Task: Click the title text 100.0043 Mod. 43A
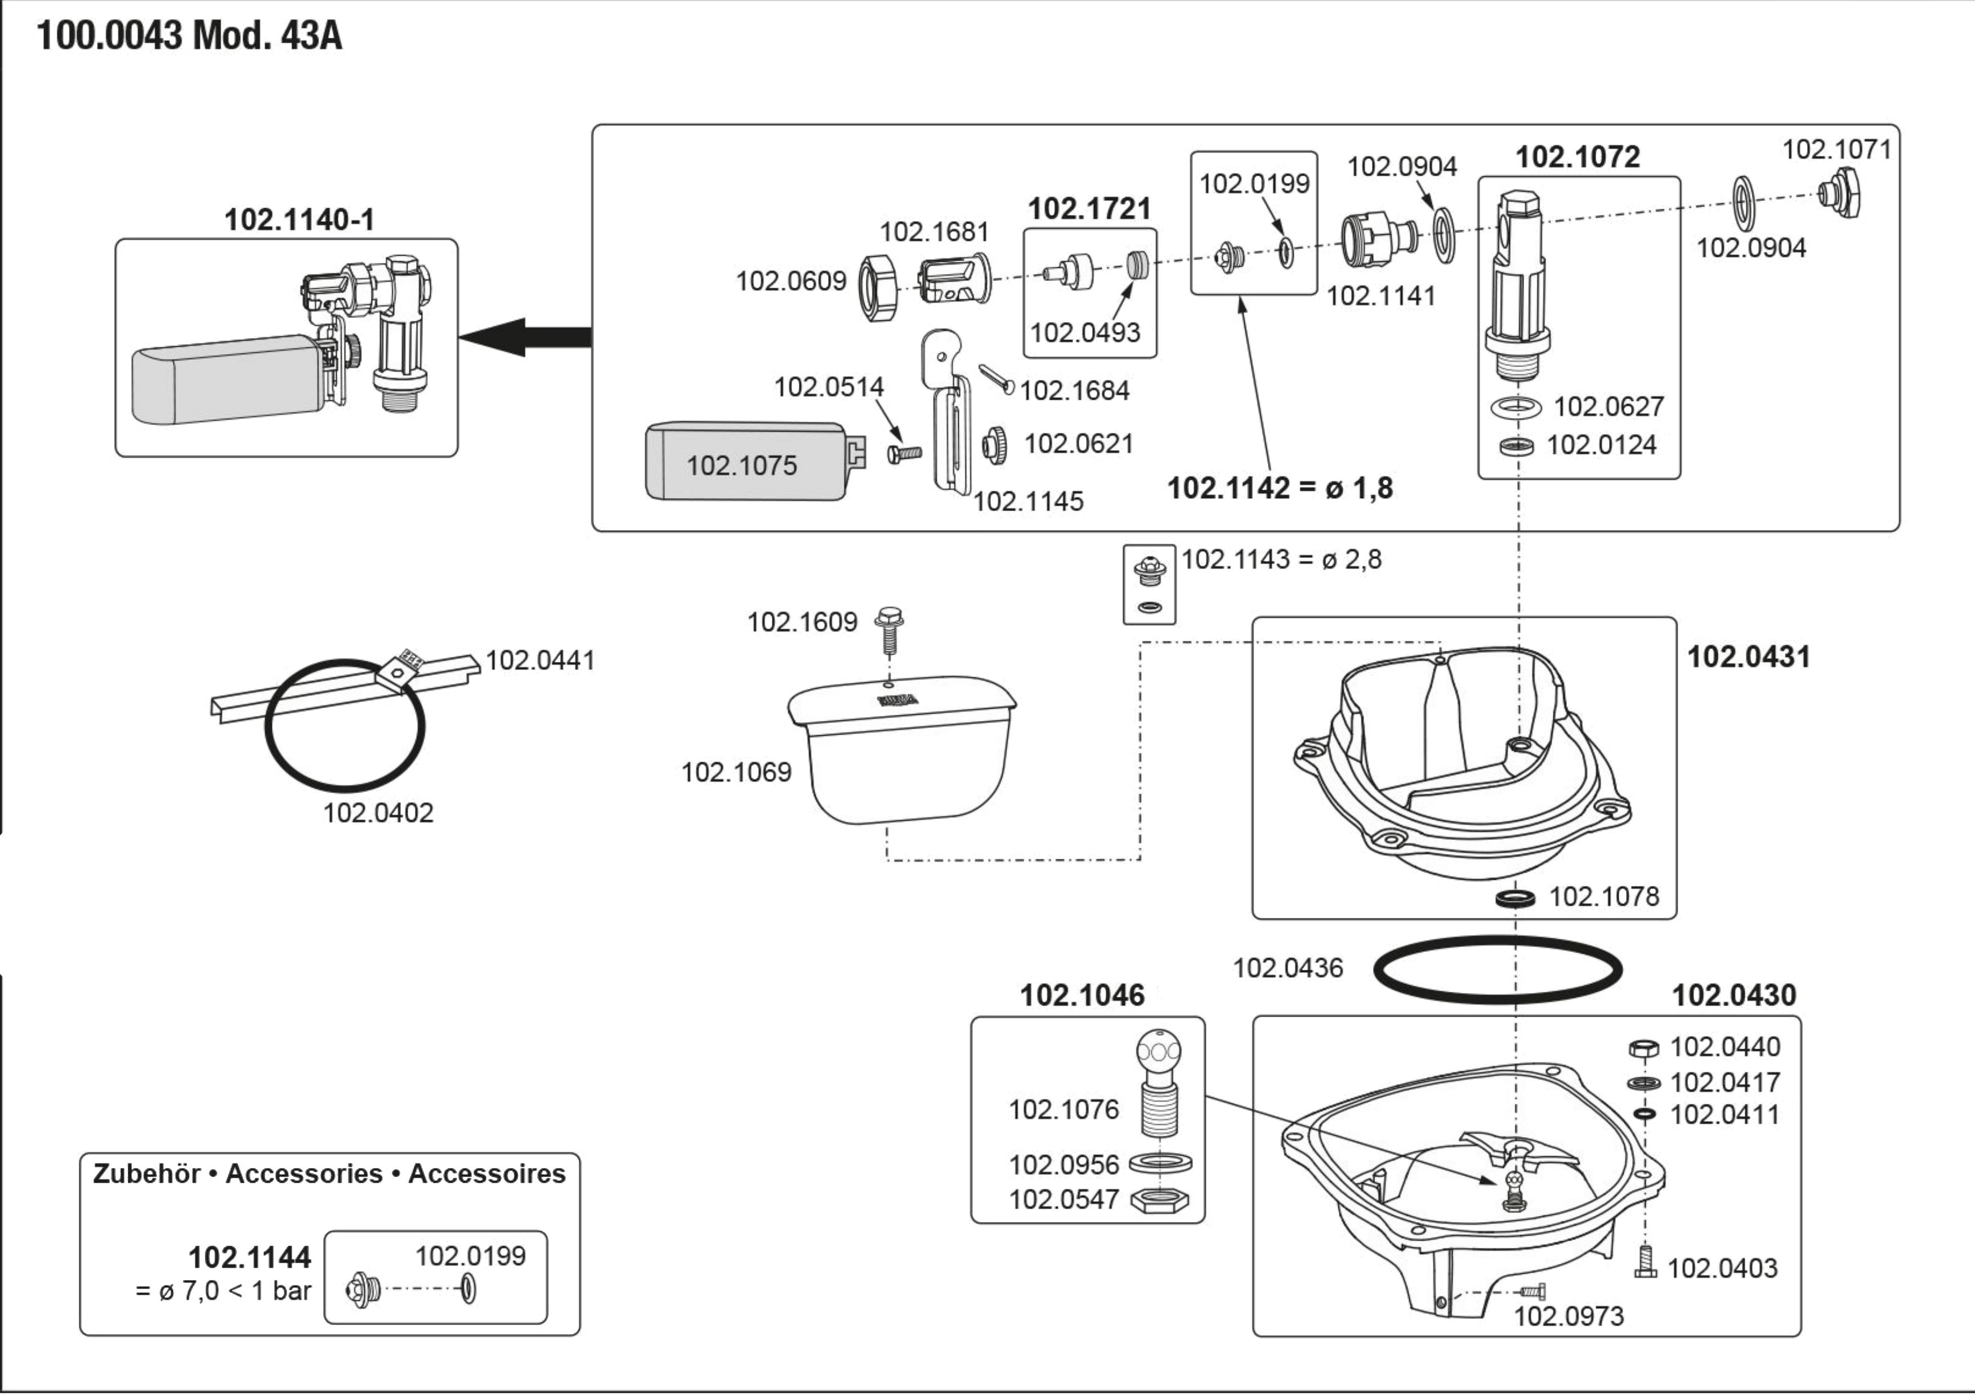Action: [x=190, y=38]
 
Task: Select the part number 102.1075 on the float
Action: [x=741, y=466]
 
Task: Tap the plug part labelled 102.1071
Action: [x=1841, y=196]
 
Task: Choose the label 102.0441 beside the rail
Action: [x=540, y=661]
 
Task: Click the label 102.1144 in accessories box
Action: [x=249, y=1258]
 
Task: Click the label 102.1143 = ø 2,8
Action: [x=1282, y=560]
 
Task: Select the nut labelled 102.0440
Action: [x=1644, y=1048]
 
